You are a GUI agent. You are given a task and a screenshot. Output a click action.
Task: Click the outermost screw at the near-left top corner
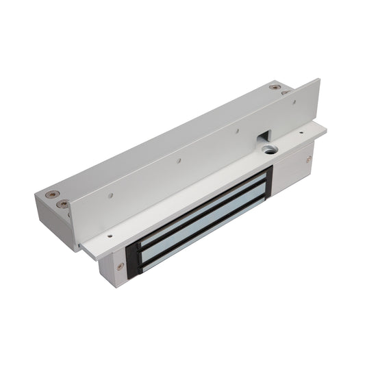click(49, 194)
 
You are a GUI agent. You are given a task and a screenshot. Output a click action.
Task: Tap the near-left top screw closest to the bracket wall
click(63, 204)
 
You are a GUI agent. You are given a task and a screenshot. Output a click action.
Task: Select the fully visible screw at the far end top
click(275, 87)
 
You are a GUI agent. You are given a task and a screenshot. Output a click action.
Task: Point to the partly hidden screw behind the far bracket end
click(284, 93)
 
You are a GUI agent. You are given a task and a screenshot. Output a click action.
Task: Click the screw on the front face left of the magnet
click(121, 266)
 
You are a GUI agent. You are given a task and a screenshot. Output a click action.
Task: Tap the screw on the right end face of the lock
click(309, 159)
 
